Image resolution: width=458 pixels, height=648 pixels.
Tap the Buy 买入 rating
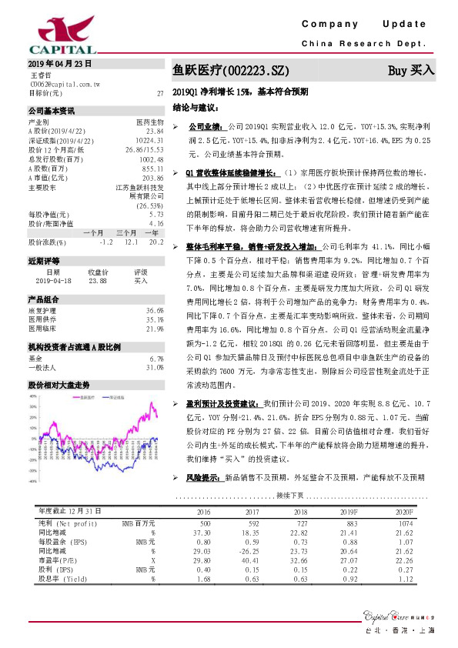[x=411, y=70]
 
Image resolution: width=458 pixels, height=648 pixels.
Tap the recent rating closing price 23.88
[x=98, y=281]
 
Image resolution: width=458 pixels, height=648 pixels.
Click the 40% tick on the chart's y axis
[x=33, y=397]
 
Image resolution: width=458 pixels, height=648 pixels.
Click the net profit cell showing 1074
[x=404, y=523]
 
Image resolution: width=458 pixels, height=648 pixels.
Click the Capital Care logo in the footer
[x=391, y=616]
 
